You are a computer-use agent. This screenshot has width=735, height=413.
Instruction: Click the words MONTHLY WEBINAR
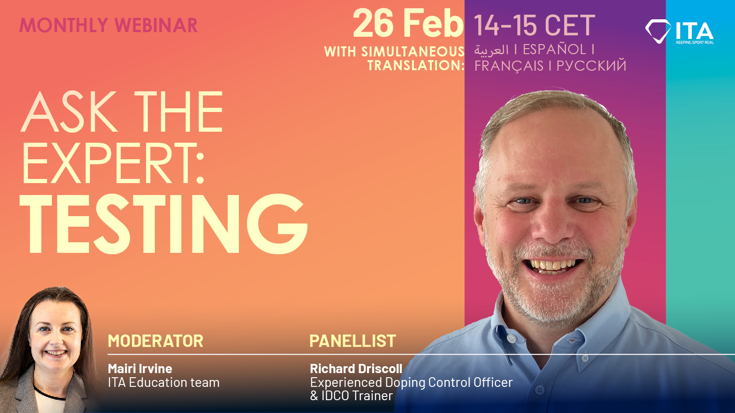pyautogui.click(x=108, y=25)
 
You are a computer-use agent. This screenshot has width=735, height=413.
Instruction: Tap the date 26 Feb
pyautogui.click(x=408, y=24)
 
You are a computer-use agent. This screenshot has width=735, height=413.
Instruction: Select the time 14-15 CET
pyautogui.click(x=534, y=25)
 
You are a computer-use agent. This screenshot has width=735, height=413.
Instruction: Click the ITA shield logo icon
pyautogui.click(x=658, y=31)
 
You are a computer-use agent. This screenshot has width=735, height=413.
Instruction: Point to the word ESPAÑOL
pyautogui.click(x=554, y=49)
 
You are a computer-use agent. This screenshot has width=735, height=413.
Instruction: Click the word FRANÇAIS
pyautogui.click(x=509, y=66)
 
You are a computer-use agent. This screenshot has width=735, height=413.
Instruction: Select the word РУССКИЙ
pyautogui.click(x=591, y=66)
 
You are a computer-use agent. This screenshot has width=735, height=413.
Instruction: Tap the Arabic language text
pyautogui.click(x=491, y=50)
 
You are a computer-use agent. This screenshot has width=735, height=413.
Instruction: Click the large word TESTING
pyautogui.click(x=164, y=224)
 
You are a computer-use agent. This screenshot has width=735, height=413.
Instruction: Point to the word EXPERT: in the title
pyautogui.click(x=113, y=164)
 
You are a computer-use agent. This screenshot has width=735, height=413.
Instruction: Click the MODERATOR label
pyautogui.click(x=155, y=341)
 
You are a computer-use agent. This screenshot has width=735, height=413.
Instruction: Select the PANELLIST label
pyautogui.click(x=352, y=341)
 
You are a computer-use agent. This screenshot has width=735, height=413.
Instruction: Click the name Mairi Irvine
pyautogui.click(x=140, y=368)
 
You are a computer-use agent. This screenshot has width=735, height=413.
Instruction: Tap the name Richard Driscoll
pyautogui.click(x=356, y=368)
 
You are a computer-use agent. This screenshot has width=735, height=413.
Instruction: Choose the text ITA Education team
pyautogui.click(x=164, y=382)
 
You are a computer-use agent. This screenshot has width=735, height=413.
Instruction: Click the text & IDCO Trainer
pyautogui.click(x=351, y=396)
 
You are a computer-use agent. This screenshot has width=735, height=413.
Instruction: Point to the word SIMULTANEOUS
pyautogui.click(x=413, y=52)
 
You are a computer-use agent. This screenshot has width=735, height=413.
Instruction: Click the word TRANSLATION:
pyautogui.click(x=416, y=66)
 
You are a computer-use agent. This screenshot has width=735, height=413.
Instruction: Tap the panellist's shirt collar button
pyautogui.click(x=511, y=339)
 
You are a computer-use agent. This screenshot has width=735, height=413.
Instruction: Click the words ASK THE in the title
pyautogui.click(x=122, y=112)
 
